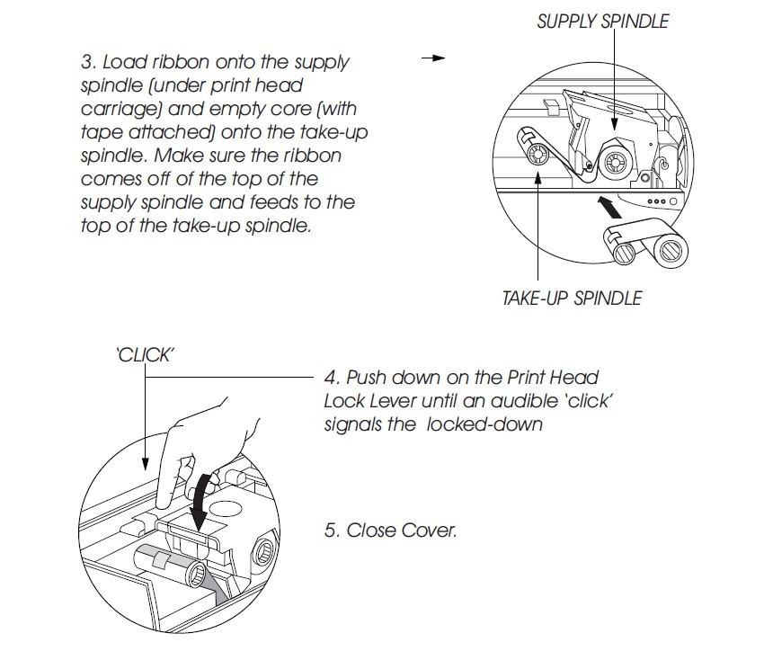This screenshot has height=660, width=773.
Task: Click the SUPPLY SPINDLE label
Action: pos(602,21)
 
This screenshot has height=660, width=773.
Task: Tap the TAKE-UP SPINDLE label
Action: pos(572,298)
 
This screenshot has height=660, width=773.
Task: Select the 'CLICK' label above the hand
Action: pos(145,354)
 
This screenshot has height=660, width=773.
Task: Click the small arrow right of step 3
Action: pos(433,58)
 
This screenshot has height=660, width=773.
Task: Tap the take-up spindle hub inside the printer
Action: pos(533,152)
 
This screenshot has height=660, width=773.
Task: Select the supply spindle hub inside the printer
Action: pos(617,163)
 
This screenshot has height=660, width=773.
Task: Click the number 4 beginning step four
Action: pos(329,379)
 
